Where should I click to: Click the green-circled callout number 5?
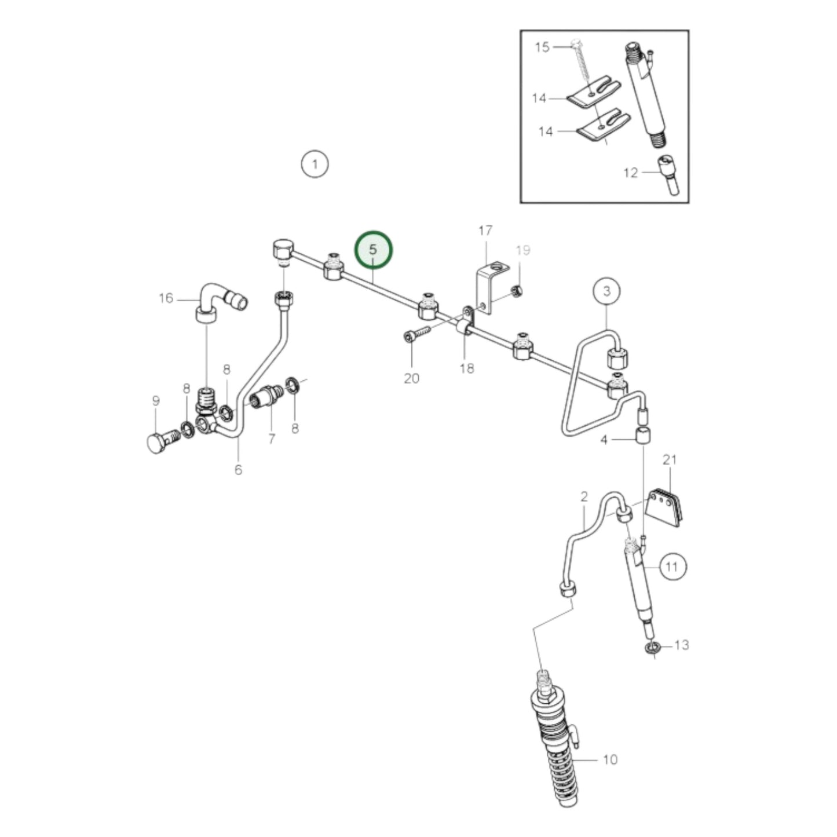(374, 250)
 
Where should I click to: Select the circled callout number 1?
(315, 165)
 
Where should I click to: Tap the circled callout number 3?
(606, 291)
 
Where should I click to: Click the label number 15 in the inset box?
(542, 46)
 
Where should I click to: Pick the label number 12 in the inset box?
(630, 173)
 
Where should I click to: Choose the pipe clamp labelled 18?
(466, 323)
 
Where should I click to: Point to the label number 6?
(238, 470)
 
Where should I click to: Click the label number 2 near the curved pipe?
(584, 496)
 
